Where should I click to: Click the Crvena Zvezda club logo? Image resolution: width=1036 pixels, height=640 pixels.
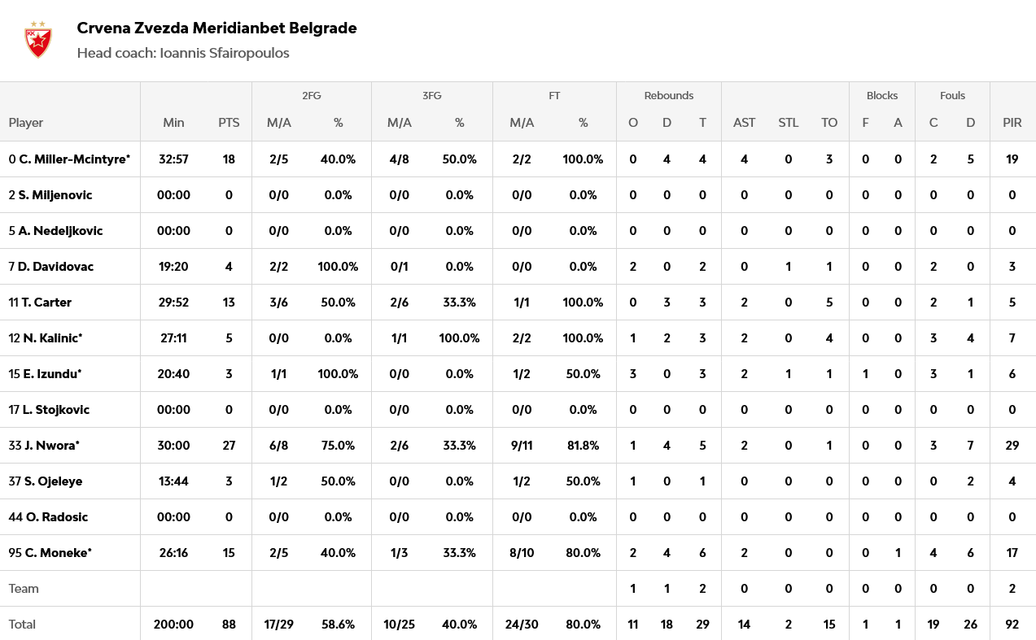point(37,40)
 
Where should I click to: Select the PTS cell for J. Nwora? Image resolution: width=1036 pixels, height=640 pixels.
point(229,446)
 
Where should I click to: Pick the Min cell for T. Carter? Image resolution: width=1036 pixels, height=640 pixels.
point(173,303)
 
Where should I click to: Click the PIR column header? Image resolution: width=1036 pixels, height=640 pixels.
point(1012,123)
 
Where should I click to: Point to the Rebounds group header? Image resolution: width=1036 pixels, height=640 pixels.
point(668,95)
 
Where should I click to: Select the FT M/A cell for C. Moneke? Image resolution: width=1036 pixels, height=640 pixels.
point(522,553)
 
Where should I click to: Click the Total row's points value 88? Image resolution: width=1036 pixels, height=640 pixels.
point(229,625)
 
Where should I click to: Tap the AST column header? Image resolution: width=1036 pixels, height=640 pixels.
point(744,123)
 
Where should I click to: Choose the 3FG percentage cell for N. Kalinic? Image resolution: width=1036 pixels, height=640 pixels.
point(459,338)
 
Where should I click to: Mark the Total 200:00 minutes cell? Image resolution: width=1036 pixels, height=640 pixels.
point(173,625)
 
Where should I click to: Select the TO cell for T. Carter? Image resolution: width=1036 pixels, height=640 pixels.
point(828,303)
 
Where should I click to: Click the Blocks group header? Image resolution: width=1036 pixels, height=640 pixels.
point(881,95)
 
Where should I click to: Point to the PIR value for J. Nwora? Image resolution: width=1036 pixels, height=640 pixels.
point(1012,446)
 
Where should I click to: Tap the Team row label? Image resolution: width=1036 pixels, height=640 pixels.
point(24,589)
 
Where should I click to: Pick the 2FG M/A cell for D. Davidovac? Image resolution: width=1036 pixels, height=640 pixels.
point(278,267)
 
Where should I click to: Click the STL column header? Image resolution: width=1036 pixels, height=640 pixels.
point(788,123)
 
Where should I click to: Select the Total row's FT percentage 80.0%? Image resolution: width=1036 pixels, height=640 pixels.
point(583,625)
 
